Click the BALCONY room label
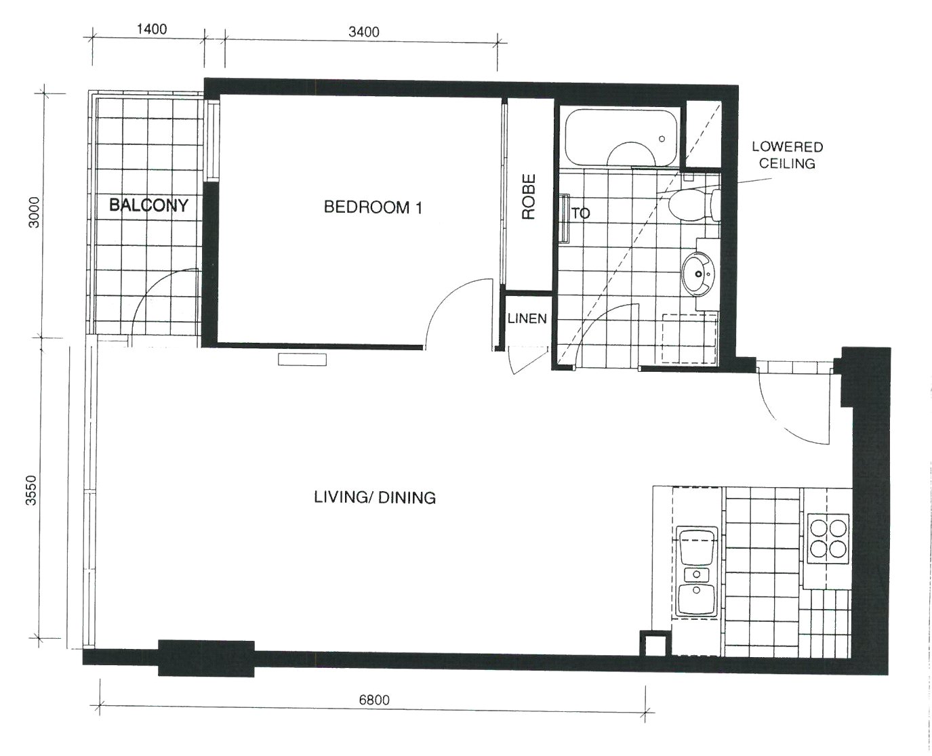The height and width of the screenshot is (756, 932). coord(148,205)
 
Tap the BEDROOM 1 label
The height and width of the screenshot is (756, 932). coord(373,207)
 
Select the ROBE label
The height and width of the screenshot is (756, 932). coord(529,196)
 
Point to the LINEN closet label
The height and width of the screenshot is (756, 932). coord(527,319)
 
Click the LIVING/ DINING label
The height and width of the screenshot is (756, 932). coord(375,498)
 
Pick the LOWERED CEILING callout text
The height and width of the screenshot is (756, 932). coord(788,154)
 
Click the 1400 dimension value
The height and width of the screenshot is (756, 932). coord(152,29)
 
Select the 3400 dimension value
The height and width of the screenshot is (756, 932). coord(363,32)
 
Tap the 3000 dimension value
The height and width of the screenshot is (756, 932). coord(34,213)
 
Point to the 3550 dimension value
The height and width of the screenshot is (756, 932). coord(31,490)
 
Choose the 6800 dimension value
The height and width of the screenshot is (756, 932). coord(374,700)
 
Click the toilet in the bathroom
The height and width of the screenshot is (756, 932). coord(694,205)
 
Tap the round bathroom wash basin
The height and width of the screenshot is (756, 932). coord(699,274)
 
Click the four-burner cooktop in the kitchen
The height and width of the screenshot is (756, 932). coord(828,539)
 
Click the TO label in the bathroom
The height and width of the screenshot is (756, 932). coord(581,213)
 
